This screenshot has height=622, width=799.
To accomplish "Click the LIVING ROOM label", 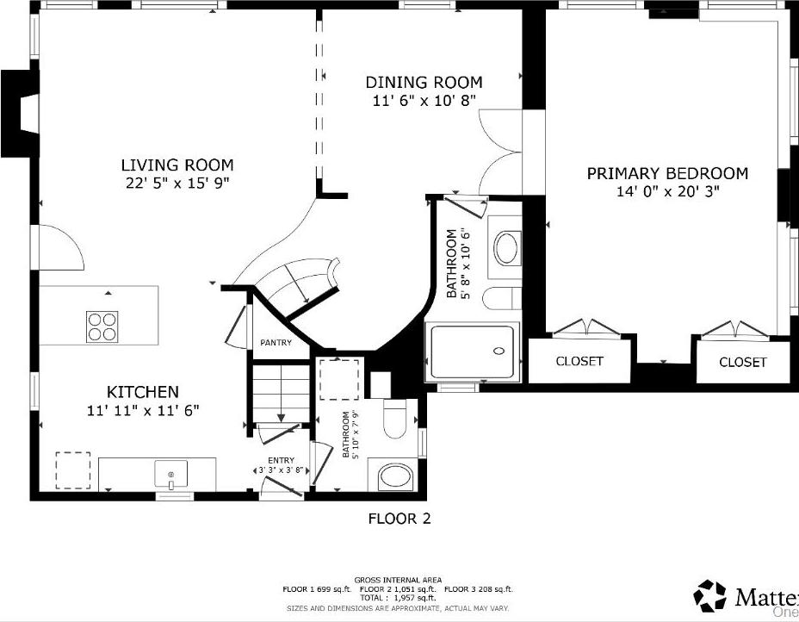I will [x=177, y=165].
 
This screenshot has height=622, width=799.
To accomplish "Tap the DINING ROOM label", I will [x=424, y=83].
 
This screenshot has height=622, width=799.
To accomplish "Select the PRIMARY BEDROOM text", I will [x=667, y=173].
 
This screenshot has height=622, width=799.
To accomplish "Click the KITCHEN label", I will [x=143, y=392].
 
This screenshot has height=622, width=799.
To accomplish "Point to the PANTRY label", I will [x=276, y=343].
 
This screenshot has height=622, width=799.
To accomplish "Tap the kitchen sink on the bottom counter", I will [x=170, y=475].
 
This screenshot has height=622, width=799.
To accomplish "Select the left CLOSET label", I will [x=579, y=361].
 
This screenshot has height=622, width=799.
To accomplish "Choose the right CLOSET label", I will [x=742, y=362].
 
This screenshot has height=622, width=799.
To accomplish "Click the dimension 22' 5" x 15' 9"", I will [x=177, y=183].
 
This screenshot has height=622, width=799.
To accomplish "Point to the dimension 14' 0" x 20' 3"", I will [x=667, y=191].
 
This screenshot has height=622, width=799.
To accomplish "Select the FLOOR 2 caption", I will [x=399, y=519].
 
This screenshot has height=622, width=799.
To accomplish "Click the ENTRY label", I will [x=281, y=460].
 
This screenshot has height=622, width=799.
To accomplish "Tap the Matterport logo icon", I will [x=710, y=596].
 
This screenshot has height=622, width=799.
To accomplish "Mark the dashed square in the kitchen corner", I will [x=73, y=470].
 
